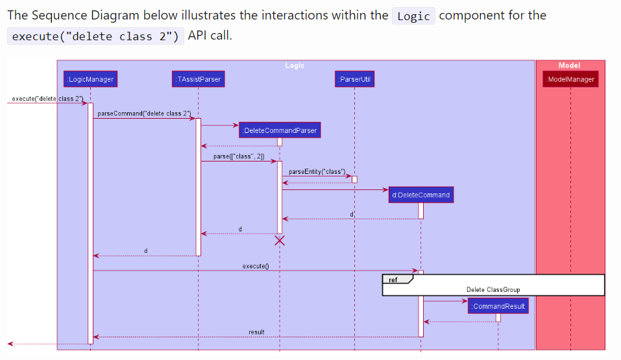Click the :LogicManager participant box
point(90,79)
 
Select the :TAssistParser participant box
point(198,79)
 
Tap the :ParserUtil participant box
point(354,79)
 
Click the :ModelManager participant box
point(570,79)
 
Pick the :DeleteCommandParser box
point(280,130)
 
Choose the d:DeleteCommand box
point(420,195)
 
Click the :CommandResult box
point(498,306)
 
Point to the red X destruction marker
point(280,241)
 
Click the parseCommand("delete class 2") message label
point(144,114)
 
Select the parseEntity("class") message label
point(317,171)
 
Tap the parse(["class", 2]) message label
point(238,156)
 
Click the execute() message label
point(256,266)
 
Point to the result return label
point(256,332)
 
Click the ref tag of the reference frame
point(394,280)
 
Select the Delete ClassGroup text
point(493,289)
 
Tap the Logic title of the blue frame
point(295,65)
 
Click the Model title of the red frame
point(569,65)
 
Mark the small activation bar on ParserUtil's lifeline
point(354,179)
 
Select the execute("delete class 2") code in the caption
point(95,36)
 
